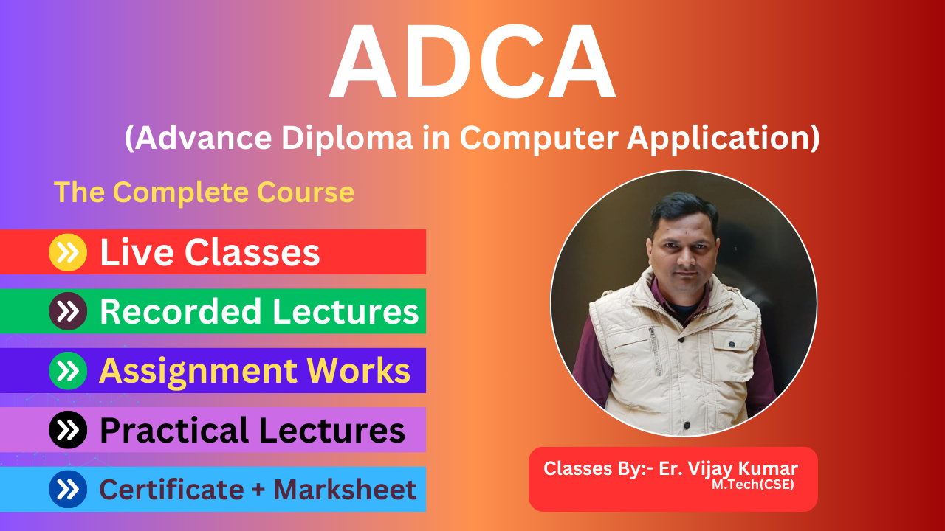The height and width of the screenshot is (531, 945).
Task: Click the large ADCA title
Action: pos(472,62)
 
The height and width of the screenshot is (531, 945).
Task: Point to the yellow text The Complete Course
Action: pos(205,192)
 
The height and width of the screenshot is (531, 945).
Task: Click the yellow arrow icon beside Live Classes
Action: pos(68,252)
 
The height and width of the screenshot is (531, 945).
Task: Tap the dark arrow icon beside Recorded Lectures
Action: pos(68,311)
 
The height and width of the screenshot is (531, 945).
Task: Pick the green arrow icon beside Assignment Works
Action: pos(68,370)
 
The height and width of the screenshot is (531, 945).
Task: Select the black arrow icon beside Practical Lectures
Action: pos(68,430)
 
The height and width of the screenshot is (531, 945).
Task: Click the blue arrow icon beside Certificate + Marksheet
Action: pos(68,489)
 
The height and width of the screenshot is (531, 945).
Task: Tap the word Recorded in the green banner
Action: pos(181,311)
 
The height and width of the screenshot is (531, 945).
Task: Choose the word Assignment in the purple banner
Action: pos(197,372)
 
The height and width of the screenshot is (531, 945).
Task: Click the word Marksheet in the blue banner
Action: pos(345,489)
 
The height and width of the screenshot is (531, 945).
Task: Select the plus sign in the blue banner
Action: pos(259,490)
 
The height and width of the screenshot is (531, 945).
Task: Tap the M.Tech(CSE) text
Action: pos(753,485)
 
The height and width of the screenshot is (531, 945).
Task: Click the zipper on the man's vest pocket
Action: pos(656,351)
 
